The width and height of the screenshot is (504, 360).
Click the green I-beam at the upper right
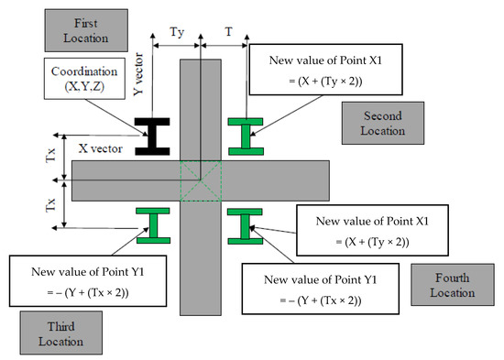point(244,135)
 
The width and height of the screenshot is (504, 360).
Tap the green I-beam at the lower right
point(244,224)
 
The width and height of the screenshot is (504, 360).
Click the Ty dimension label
point(178,32)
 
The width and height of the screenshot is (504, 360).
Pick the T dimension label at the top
point(229,32)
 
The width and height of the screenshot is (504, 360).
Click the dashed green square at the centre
point(200,180)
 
